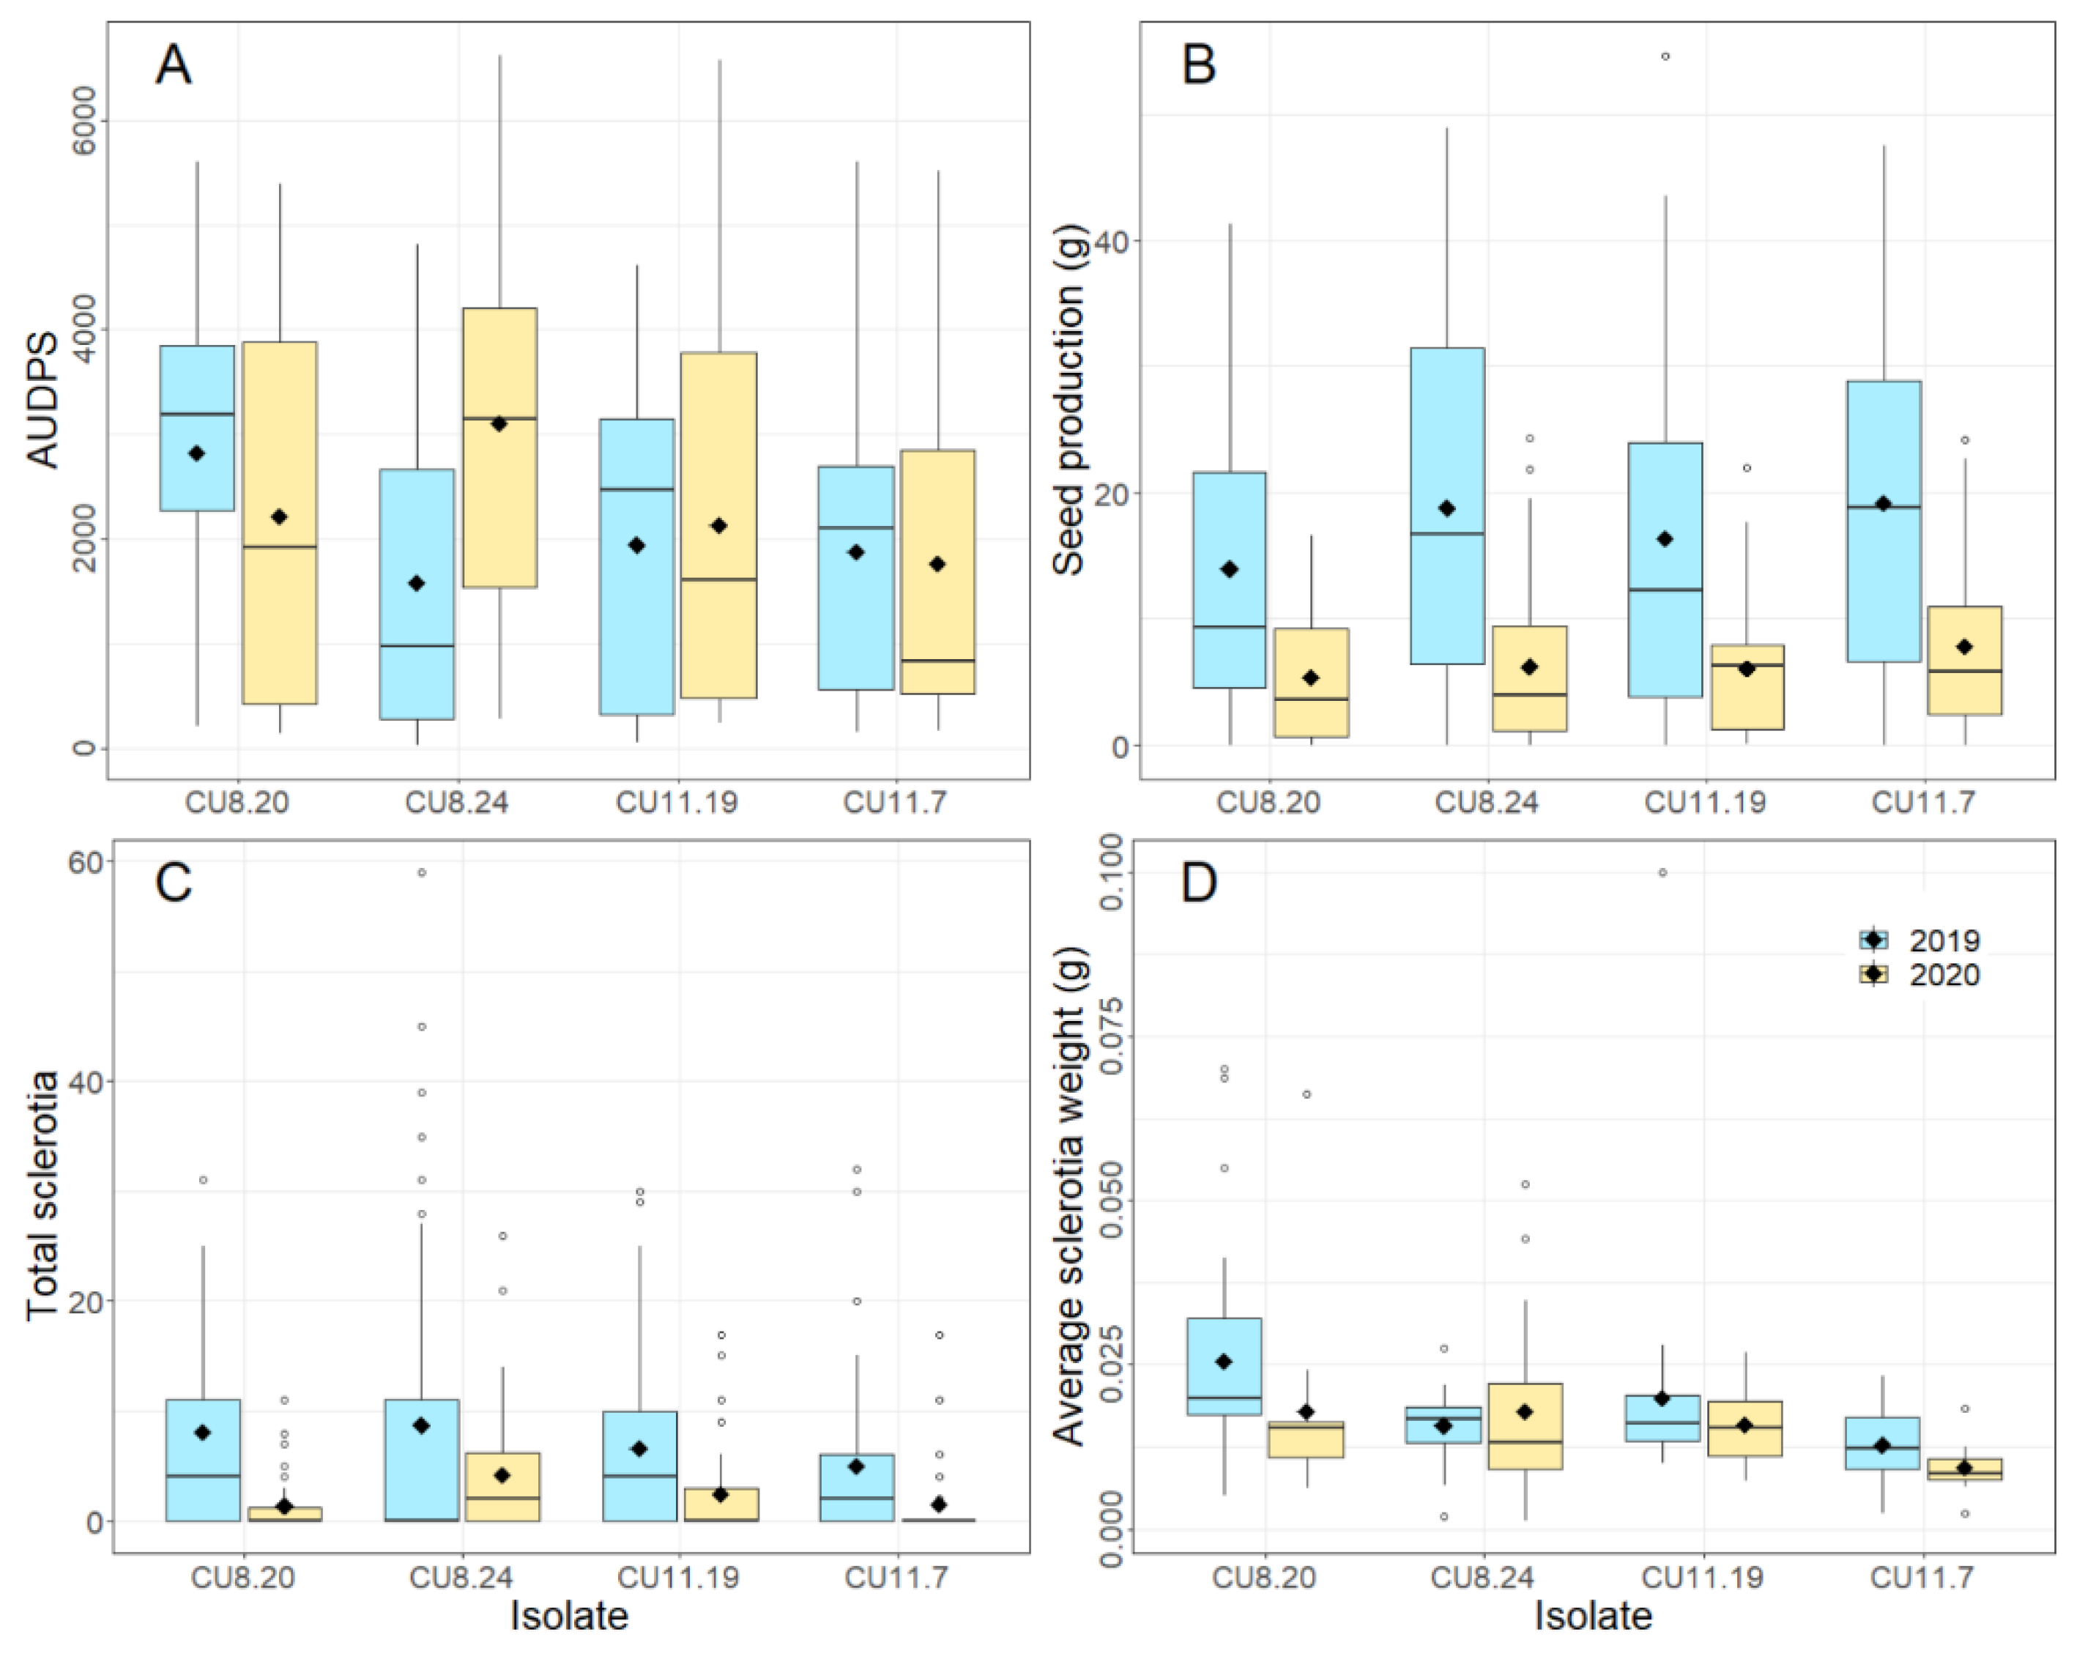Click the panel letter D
coord(1199,881)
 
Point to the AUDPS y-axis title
coord(44,399)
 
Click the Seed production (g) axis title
coord(1068,399)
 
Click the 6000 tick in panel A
coord(85,120)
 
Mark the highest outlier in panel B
coord(1665,56)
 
